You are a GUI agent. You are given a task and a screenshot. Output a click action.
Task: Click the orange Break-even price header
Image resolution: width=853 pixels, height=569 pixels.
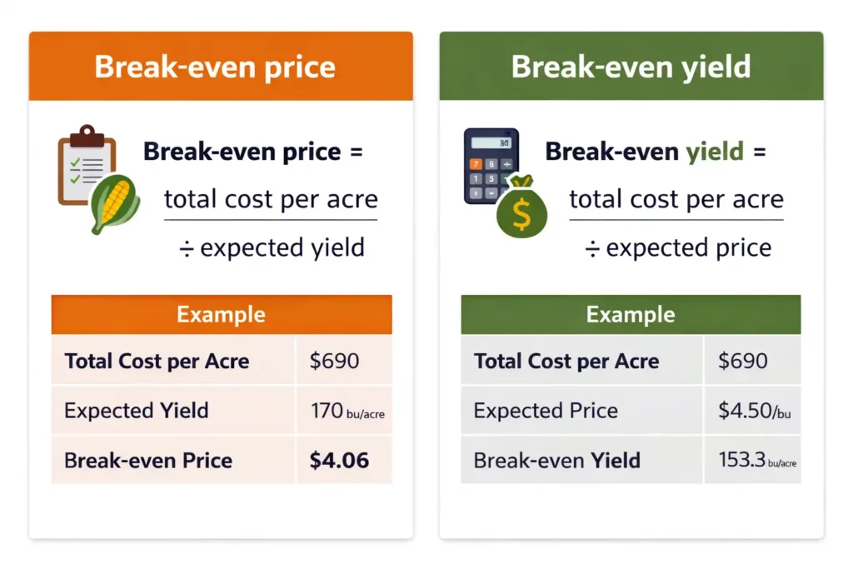click(221, 67)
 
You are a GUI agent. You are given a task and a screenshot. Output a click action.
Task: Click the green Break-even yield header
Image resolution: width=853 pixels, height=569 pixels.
click(631, 67)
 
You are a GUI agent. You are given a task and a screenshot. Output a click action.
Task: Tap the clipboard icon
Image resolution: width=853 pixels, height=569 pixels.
click(81, 165)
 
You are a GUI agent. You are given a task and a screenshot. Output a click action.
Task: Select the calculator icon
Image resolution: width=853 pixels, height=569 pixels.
click(491, 166)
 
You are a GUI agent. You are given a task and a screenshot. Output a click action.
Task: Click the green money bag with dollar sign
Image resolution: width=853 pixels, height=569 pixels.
click(521, 209)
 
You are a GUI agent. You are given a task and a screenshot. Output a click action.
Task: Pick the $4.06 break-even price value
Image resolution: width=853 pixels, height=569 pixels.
click(339, 460)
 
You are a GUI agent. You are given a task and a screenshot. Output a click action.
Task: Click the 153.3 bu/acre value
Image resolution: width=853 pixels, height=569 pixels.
click(756, 460)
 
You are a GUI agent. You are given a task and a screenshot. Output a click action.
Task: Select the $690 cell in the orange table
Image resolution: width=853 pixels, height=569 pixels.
click(334, 361)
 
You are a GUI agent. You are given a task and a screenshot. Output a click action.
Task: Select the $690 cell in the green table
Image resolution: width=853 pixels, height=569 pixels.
click(743, 361)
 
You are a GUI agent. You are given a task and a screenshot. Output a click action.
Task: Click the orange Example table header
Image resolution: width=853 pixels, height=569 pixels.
click(221, 315)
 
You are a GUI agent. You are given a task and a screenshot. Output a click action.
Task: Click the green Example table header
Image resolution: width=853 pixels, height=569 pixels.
click(631, 315)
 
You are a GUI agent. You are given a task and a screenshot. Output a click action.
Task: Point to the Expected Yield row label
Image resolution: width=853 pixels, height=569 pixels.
click(137, 411)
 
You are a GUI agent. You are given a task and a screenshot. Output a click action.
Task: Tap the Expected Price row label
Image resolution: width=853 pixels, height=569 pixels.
click(546, 411)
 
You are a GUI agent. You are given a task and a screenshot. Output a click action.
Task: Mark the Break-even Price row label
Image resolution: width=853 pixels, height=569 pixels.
click(148, 460)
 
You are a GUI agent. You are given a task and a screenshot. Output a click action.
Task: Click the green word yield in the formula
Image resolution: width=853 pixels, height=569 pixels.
click(714, 152)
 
